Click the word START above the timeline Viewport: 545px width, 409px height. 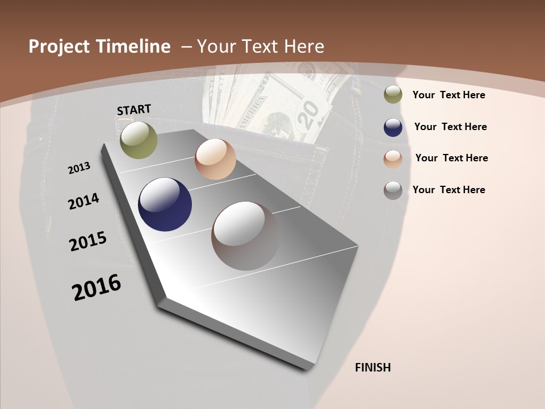coord(134,110)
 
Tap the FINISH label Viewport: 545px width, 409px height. coord(373,368)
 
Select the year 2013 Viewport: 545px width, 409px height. coord(79,168)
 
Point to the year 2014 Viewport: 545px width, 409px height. coord(83,201)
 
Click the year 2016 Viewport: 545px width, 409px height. coord(97,287)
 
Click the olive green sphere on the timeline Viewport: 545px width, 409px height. coord(139,140)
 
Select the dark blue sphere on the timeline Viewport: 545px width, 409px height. coord(165,204)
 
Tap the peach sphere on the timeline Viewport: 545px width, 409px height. coord(215,160)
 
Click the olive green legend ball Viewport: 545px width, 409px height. coord(393,95)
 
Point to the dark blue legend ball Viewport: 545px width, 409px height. coord(393,127)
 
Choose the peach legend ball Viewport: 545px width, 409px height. coord(393,159)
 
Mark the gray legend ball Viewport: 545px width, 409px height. coord(393,190)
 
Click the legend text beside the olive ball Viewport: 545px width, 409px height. coord(448,95)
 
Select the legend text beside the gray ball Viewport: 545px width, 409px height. coord(448,190)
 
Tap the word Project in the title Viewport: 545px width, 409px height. coord(59,47)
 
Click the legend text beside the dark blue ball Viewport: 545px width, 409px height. coord(450,127)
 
